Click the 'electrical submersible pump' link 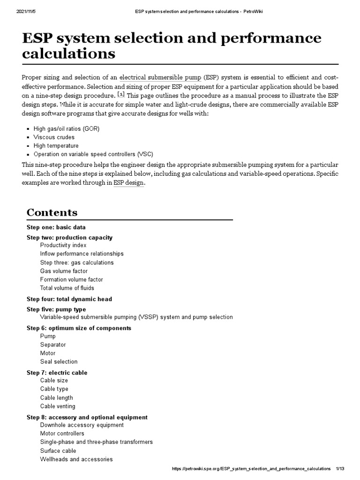[160, 77]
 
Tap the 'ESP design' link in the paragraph [129, 183]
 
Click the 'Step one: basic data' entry [56, 227]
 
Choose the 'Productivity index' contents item [63, 245]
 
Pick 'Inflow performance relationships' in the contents [82, 254]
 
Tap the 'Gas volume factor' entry [64, 271]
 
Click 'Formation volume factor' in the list [71, 279]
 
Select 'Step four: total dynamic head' [69, 299]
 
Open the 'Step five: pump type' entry [56, 309]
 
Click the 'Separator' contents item [53, 345]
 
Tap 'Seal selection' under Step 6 [59, 361]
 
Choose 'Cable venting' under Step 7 [57, 406]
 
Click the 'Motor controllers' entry [62, 433]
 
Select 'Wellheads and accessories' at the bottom [76, 459]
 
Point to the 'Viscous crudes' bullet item [53, 137]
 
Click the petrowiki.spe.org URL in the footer [251, 469]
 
